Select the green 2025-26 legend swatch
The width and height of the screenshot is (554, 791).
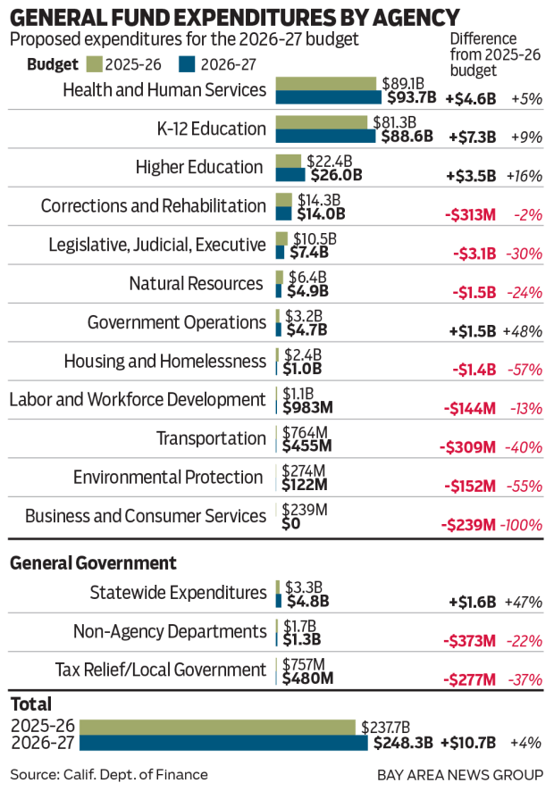click(93, 64)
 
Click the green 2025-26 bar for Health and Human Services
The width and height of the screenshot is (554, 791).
click(326, 83)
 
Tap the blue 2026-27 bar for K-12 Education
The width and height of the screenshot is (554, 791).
click(326, 136)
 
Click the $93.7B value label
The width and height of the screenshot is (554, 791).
click(411, 97)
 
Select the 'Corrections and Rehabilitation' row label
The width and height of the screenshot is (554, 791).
click(154, 206)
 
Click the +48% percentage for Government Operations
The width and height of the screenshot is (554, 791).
click(523, 330)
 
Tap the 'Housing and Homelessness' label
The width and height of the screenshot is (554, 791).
click(165, 361)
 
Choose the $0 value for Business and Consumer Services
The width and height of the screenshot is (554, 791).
click(291, 523)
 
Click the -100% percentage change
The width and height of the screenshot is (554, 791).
click(523, 524)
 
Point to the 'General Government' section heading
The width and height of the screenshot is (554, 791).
click(93, 563)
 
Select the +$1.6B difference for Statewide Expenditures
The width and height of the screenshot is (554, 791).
click(471, 602)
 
